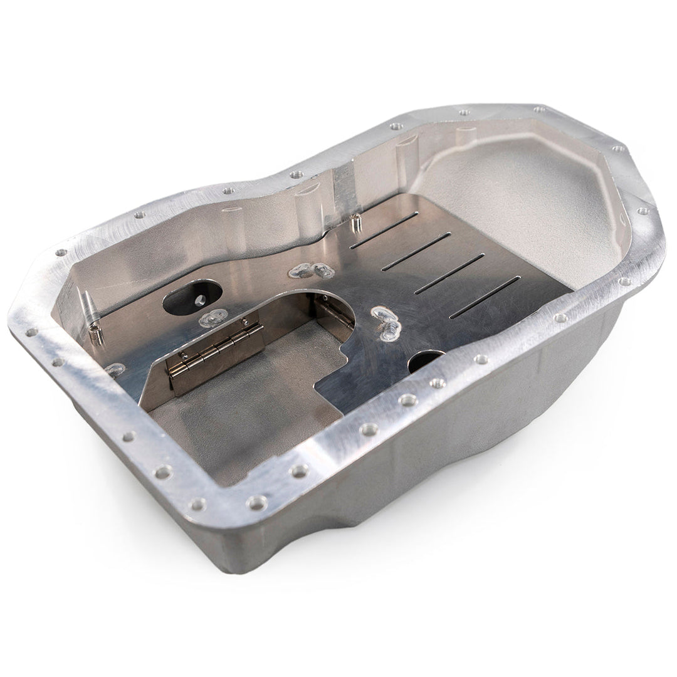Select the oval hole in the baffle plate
coord(192,298)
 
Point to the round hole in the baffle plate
coord(427,362)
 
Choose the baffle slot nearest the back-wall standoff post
coord(384,231)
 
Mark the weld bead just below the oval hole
coord(213,318)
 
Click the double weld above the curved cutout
coord(312,271)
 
